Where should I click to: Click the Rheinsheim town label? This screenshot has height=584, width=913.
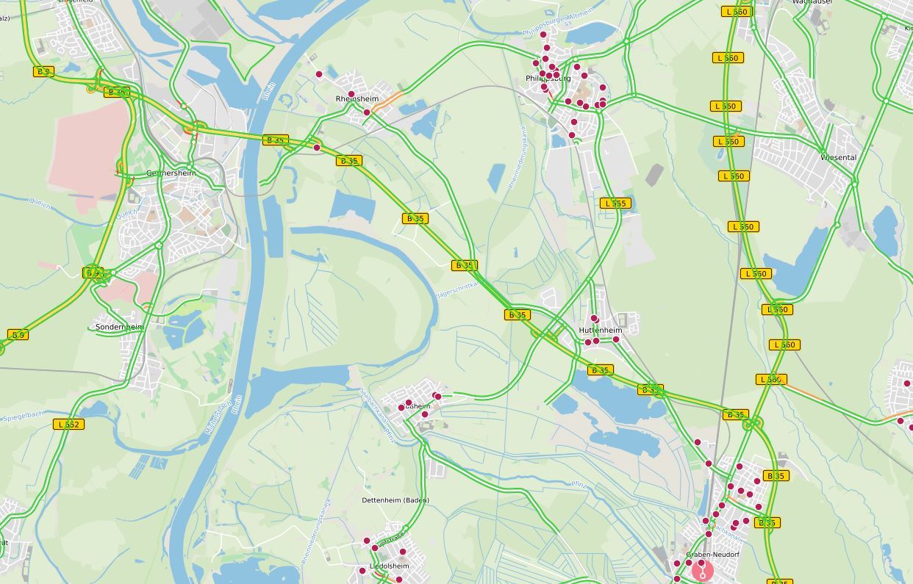tap(357, 98)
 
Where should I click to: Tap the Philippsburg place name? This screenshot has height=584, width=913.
tap(548, 78)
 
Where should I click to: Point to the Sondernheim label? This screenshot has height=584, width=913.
tap(119, 327)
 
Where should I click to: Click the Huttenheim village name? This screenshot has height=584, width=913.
tap(600, 330)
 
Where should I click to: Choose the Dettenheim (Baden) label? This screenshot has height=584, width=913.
tap(395, 500)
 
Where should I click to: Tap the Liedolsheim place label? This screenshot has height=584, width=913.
tap(390, 566)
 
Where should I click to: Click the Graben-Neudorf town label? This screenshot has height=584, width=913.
tap(712, 555)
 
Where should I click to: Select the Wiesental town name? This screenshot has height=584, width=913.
tap(839, 157)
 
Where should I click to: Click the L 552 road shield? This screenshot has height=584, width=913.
tap(69, 424)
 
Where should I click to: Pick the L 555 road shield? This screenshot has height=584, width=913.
tap(615, 203)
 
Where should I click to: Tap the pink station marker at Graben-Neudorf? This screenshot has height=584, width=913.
tap(703, 571)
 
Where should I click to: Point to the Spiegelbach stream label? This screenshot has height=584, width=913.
tap(23, 417)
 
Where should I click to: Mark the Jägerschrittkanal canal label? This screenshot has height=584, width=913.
tap(457, 289)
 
